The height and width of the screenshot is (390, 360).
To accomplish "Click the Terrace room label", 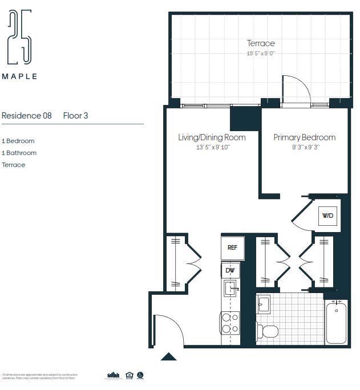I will pos(261,43).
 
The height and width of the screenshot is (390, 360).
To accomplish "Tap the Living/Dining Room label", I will pos(212,137).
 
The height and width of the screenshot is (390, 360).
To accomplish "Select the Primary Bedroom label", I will pos(304,137).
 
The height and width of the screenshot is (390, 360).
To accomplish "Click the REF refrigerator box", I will pos(232,247).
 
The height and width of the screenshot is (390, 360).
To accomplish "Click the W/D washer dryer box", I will pos(327,216).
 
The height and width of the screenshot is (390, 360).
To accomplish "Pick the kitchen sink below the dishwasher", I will pos(230,288).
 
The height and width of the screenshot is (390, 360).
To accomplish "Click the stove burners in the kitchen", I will pos(230,323).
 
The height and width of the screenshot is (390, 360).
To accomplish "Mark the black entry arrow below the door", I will pos(168,357).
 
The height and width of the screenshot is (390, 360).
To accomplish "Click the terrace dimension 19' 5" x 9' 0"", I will pos(261,54).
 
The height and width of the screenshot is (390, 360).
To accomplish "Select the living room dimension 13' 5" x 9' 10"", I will pos(212,147).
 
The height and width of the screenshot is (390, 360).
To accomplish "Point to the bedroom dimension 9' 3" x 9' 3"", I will pos(304,147).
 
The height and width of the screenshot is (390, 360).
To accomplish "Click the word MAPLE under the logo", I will pos(19,76).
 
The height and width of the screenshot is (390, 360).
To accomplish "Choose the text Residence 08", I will pos(27,115).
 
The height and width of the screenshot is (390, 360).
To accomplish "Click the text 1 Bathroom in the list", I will pos(19,153).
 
